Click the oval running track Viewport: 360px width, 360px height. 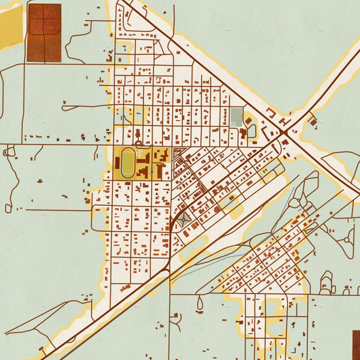(128, 164)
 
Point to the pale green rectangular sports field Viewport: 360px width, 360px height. (236, 116)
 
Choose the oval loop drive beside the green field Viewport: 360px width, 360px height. (251, 130)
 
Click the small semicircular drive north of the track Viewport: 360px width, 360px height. (139, 144)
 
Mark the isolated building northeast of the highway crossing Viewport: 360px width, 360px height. (312, 122)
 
